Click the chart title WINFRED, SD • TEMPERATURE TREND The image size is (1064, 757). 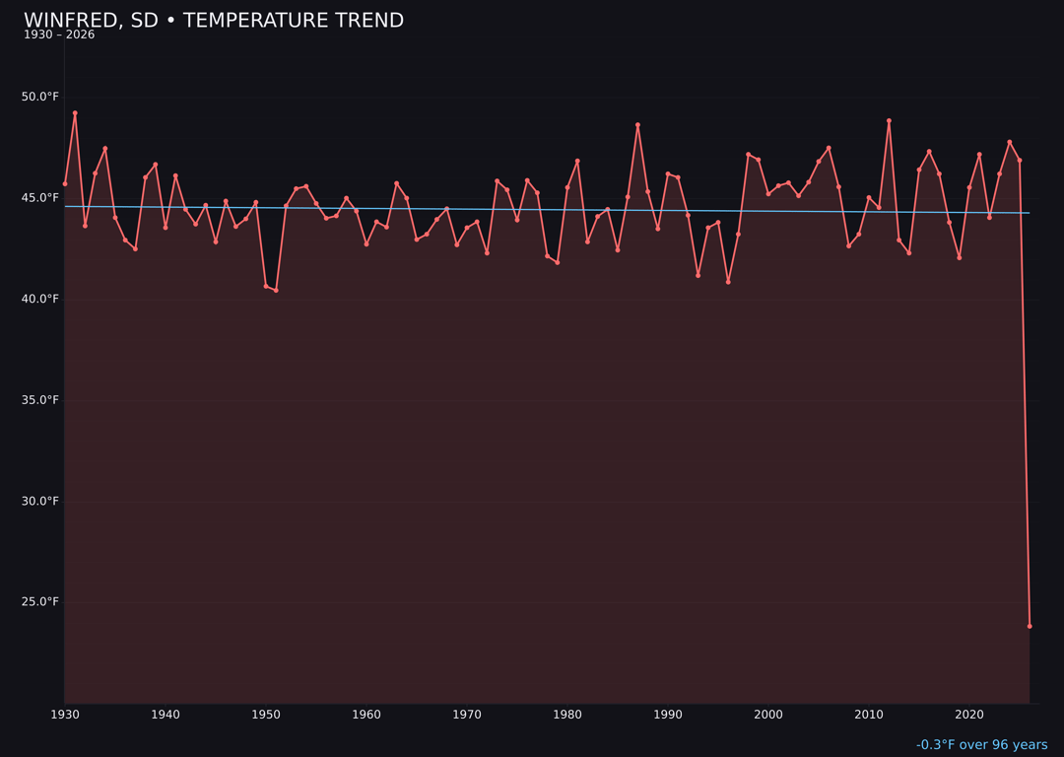coord(214,21)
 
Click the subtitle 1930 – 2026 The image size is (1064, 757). coord(59,35)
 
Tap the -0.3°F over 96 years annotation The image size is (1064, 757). coord(981,745)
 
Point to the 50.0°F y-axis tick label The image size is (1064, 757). coord(40,97)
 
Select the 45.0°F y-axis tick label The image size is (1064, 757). coord(40,198)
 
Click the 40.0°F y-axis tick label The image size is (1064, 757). coord(40,299)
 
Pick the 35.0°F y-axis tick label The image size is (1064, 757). coord(40,400)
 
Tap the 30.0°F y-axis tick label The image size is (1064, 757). coord(40,501)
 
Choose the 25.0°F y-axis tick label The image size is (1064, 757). coord(40,602)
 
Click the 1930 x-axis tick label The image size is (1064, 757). coord(65,715)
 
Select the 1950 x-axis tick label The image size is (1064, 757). coord(266,715)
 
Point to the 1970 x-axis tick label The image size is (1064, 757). coord(467,715)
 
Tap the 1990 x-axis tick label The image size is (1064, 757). coord(668,715)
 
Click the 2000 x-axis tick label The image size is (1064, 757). coord(768,715)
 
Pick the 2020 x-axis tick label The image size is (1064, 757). coord(969,715)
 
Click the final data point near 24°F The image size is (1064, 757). coord(1030,626)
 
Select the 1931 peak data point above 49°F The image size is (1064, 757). coord(75,113)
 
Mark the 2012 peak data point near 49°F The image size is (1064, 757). coord(889,121)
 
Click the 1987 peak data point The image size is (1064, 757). coord(637,125)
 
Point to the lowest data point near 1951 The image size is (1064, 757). coord(276,290)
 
